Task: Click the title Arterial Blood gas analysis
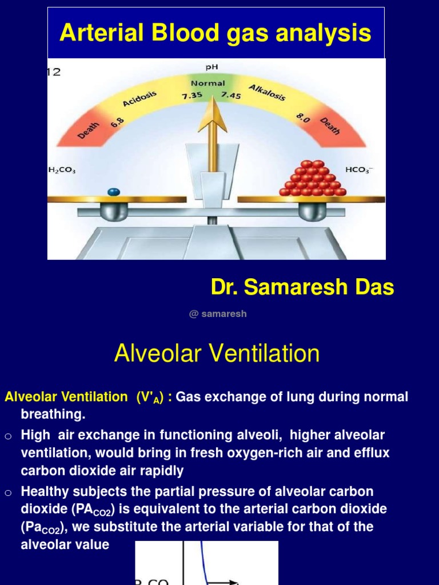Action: (215, 33)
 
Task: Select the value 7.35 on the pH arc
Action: (193, 96)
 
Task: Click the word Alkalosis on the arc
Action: (267, 92)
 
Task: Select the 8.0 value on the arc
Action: (302, 118)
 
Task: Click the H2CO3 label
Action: (62, 170)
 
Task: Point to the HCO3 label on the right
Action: (358, 170)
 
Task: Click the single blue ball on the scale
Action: (113, 193)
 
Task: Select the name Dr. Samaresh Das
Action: (302, 287)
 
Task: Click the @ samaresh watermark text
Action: (218, 314)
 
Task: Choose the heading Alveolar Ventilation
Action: (217, 354)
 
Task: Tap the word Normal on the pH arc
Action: (207, 83)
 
